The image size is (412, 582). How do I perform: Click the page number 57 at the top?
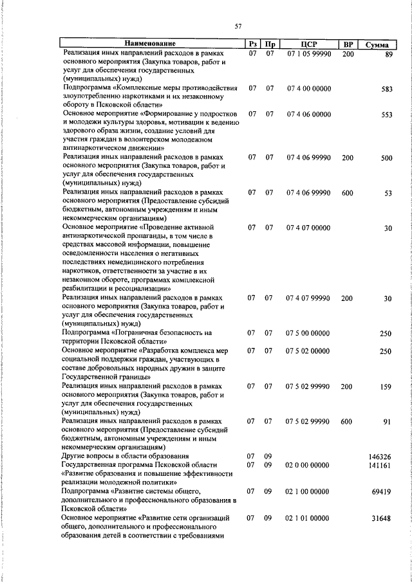point(238,26)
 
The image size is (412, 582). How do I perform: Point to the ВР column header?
point(348,45)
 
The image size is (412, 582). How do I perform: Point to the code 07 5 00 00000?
point(308,333)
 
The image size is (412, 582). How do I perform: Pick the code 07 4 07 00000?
point(308,228)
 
